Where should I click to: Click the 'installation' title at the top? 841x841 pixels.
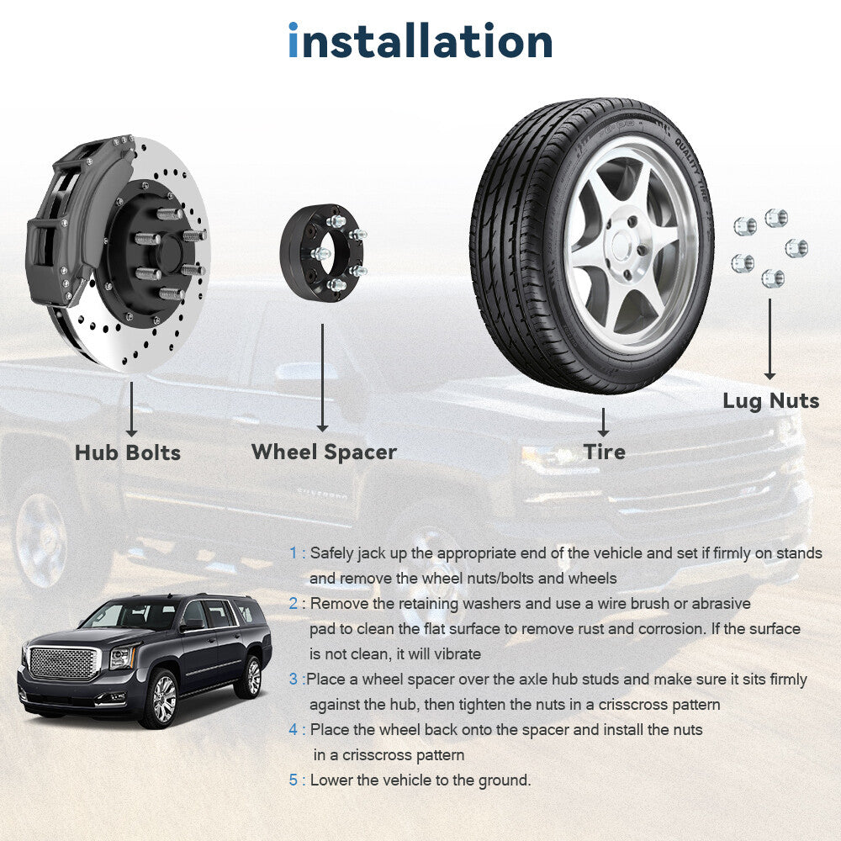point(420,40)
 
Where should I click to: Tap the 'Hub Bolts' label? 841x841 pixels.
point(128,452)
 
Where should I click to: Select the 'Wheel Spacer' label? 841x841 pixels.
point(324,452)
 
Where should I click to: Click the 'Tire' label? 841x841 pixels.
point(605,452)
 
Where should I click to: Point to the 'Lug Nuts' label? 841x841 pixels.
point(770,400)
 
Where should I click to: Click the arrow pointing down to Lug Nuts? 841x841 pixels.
point(770,339)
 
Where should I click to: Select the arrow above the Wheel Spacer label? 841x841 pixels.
point(322,378)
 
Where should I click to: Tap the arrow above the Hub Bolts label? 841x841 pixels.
point(131,409)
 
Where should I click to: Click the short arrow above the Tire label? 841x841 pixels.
point(603,422)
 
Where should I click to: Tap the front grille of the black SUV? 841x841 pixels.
point(63,664)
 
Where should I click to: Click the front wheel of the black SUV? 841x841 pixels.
point(159,698)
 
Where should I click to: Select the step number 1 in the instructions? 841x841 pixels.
point(293,553)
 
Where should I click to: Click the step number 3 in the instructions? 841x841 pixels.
point(294,679)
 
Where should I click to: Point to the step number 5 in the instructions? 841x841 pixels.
point(294,780)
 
